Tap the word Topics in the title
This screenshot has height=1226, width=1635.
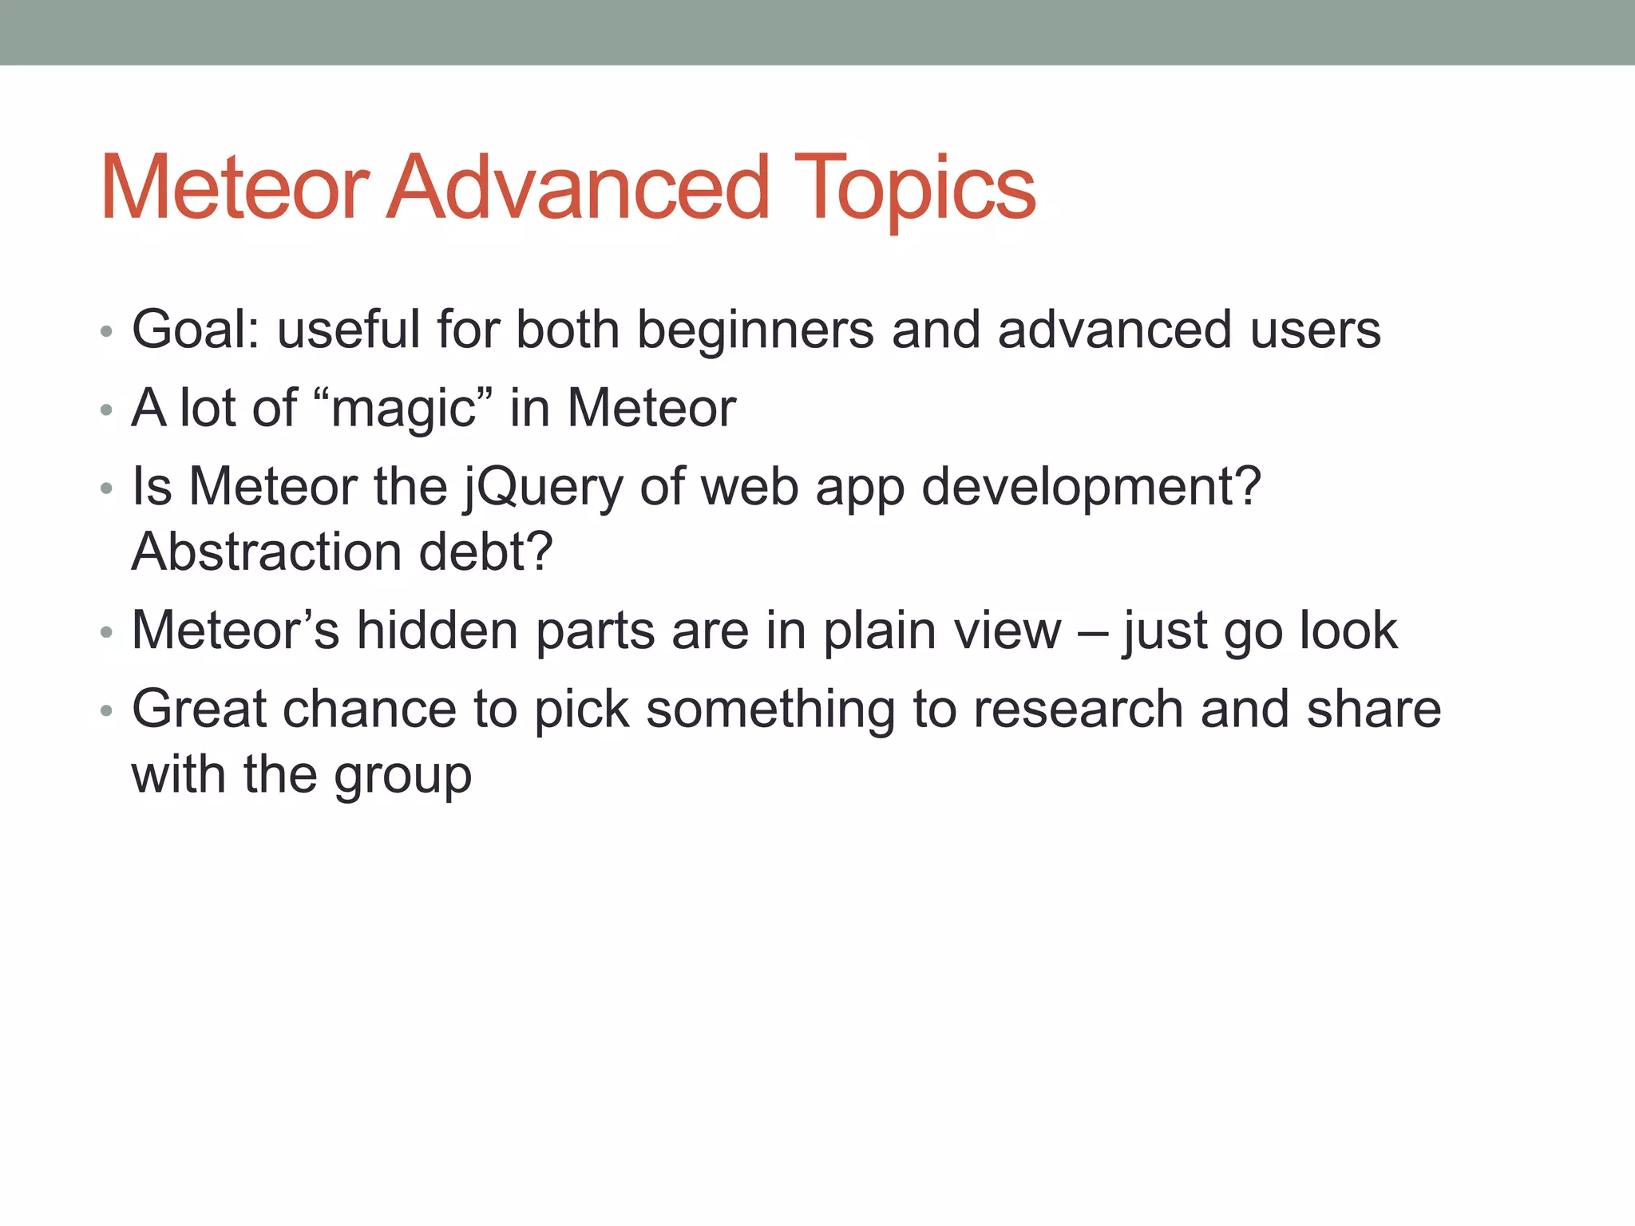click(915, 190)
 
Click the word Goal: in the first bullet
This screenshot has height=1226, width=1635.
click(196, 329)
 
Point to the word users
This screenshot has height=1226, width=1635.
click(1316, 330)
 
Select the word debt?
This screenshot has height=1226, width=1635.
click(486, 552)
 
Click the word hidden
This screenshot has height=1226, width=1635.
click(437, 631)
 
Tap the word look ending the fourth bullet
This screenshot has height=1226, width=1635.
click(1348, 631)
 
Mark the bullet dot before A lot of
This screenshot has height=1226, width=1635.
click(106, 411)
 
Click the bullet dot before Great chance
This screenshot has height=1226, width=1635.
click(106, 711)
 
